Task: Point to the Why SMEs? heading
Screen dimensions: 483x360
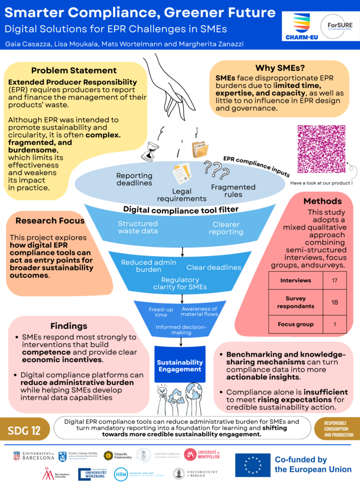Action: click(279, 67)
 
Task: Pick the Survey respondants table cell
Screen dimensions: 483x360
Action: click(295, 302)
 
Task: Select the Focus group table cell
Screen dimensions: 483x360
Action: click(295, 325)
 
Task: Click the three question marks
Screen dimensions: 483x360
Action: click(213, 167)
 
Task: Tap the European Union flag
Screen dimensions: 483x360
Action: click(253, 465)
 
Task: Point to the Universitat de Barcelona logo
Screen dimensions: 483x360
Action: click(33, 456)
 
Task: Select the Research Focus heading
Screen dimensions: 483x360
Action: click(50, 220)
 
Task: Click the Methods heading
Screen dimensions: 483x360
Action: click(322, 201)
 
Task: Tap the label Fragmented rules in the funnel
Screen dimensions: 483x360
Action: click(233, 191)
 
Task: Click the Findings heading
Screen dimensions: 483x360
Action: click(69, 326)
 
